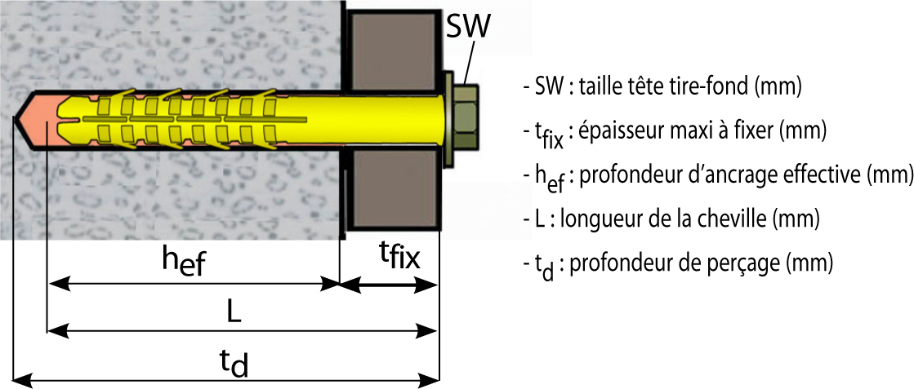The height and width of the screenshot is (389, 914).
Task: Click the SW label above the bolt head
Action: [467, 27]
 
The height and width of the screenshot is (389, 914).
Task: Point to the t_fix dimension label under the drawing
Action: [399, 258]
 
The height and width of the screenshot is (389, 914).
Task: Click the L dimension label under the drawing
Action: [234, 312]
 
